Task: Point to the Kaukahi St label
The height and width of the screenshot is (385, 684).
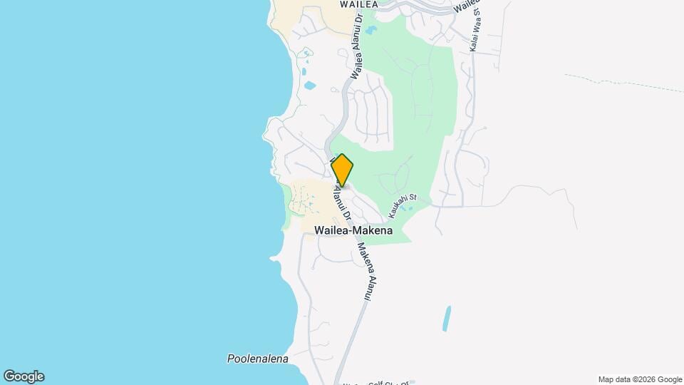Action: [x=401, y=207]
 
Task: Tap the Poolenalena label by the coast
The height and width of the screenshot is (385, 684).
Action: [x=257, y=359]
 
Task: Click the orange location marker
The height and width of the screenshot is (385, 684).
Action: [x=342, y=170]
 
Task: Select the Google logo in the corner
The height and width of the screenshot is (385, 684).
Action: [x=24, y=376]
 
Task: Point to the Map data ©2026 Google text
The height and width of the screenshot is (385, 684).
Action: [x=640, y=379]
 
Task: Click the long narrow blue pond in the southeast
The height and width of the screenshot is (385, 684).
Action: [x=447, y=318]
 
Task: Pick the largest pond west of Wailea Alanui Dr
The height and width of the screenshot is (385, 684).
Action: [x=310, y=86]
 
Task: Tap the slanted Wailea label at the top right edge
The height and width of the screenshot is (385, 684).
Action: [x=467, y=6]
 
